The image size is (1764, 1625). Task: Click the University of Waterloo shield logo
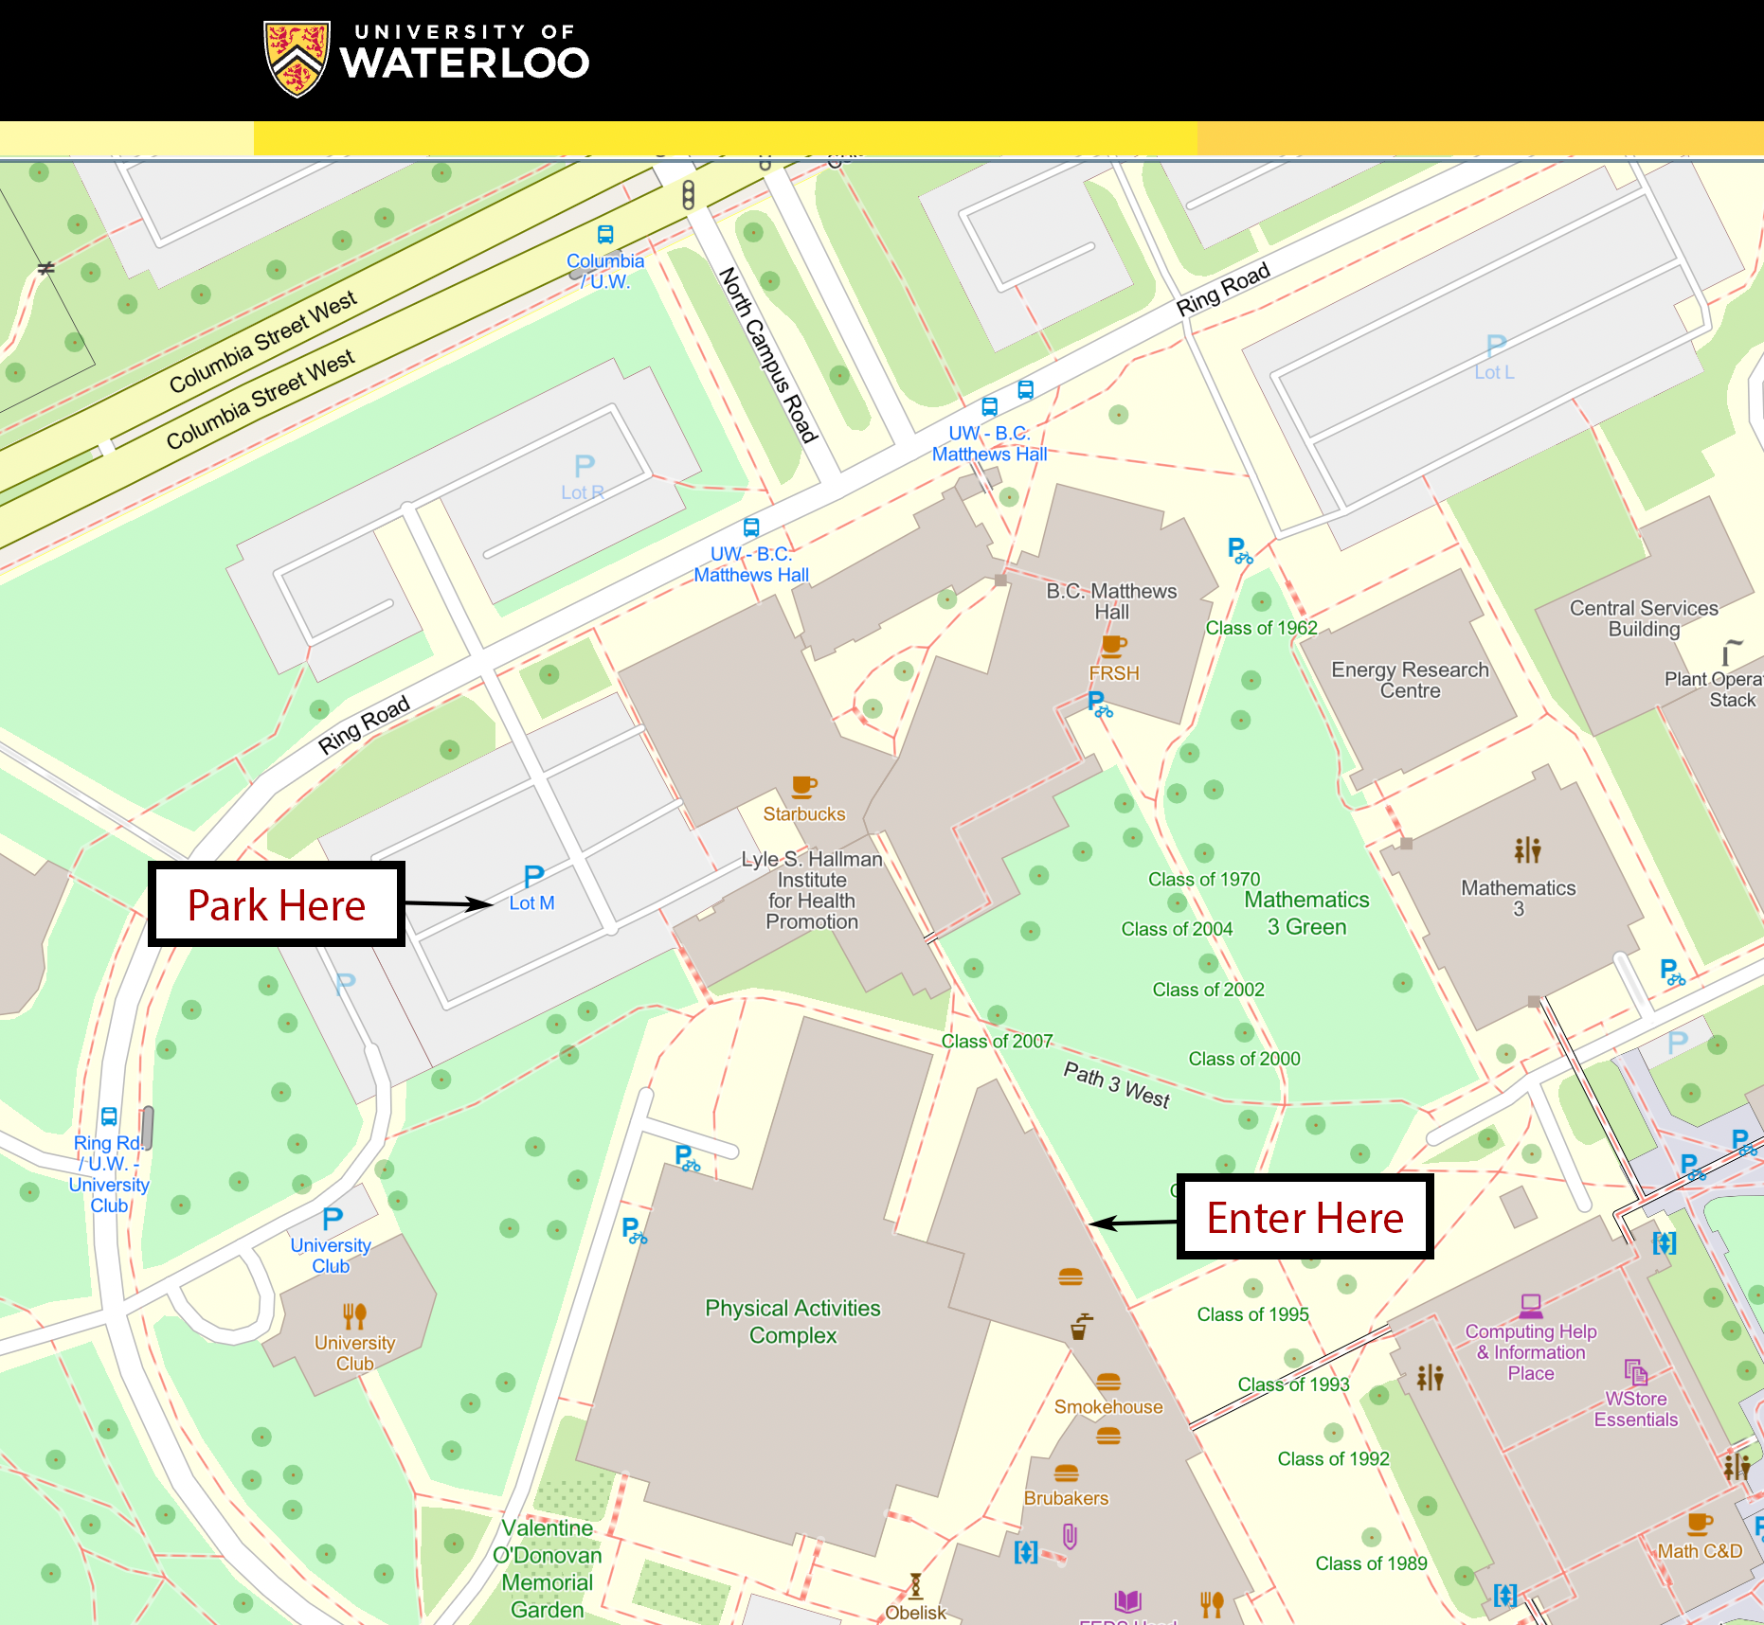point(297,59)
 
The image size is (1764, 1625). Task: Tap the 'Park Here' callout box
point(277,904)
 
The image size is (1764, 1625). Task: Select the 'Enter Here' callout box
point(1305,1218)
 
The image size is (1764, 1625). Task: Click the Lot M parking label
point(532,902)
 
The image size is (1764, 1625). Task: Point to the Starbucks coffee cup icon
point(803,786)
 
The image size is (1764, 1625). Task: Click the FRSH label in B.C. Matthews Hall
point(1114,673)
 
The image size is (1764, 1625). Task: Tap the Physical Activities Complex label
point(793,1322)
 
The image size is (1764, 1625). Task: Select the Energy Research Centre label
point(1410,680)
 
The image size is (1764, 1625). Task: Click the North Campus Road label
point(767,354)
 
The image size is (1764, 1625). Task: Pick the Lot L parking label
point(1494,372)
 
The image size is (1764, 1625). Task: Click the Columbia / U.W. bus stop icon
point(605,235)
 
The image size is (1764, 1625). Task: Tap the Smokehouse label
point(1108,1407)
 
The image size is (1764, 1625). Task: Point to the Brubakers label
point(1066,1498)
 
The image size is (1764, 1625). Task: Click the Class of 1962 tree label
point(1261,628)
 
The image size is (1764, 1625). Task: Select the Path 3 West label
point(1117,1084)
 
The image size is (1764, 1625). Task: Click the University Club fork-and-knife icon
point(354,1315)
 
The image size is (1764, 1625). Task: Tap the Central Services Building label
point(1644,618)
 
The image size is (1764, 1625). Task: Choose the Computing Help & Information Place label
point(1531,1352)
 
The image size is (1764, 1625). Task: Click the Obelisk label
point(915,1613)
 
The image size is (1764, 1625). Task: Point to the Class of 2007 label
point(997,1042)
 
